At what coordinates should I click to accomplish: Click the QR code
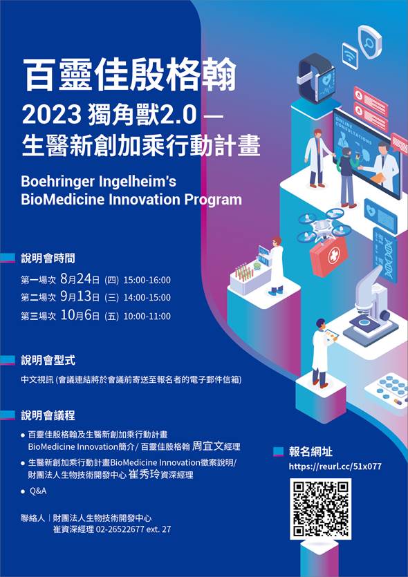click(x=320, y=509)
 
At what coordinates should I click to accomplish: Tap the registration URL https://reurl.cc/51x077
click(x=335, y=466)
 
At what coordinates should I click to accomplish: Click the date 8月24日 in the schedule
click(x=80, y=279)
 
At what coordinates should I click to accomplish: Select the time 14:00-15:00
click(x=147, y=297)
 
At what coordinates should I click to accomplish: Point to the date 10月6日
click(x=80, y=315)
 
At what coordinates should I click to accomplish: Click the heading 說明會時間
click(x=48, y=258)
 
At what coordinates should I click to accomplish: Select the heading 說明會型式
click(x=48, y=360)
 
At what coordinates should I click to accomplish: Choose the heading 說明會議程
click(x=48, y=415)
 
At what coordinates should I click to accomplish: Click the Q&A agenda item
click(x=38, y=491)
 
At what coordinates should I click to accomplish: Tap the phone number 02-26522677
click(x=120, y=529)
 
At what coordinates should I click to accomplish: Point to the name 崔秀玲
click(x=144, y=474)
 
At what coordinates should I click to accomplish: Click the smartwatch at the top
click(x=317, y=78)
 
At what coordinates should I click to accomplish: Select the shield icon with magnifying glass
click(x=369, y=41)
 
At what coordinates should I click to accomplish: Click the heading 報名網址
click(x=310, y=451)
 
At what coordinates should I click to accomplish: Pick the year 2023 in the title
click(x=52, y=115)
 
